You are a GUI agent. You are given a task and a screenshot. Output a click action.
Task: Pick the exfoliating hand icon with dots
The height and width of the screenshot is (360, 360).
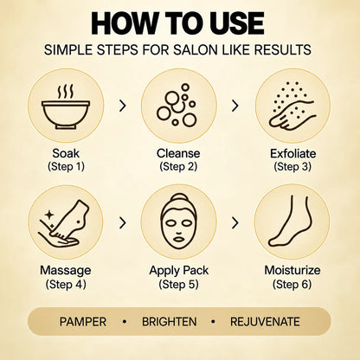292,106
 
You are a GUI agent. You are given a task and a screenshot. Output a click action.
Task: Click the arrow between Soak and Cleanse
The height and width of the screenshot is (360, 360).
123,106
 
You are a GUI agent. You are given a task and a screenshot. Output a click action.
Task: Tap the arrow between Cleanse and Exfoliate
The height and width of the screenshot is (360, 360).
235,106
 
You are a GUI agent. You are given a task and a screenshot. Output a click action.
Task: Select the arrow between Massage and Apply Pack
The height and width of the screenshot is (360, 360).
123,222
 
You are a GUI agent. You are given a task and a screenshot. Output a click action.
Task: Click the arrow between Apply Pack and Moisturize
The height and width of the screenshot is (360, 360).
235,222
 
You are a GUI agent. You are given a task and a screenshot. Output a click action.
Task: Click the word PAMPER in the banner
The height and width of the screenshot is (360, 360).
83,322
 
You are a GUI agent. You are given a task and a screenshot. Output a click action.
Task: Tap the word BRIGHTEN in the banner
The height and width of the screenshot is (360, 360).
170,322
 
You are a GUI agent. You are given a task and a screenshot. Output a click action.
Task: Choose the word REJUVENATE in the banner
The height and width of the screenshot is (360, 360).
265,322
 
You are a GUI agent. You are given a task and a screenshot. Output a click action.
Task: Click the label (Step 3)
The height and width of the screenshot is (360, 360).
292,167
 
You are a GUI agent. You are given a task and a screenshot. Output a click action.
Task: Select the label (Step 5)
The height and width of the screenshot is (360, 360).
178,284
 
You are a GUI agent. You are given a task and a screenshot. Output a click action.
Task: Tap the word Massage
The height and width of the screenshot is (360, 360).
66,270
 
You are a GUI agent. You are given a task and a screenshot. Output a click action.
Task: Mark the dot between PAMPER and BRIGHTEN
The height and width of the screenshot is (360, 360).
125,321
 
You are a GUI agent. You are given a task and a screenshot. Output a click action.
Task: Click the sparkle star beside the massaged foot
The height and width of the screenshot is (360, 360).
49,215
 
